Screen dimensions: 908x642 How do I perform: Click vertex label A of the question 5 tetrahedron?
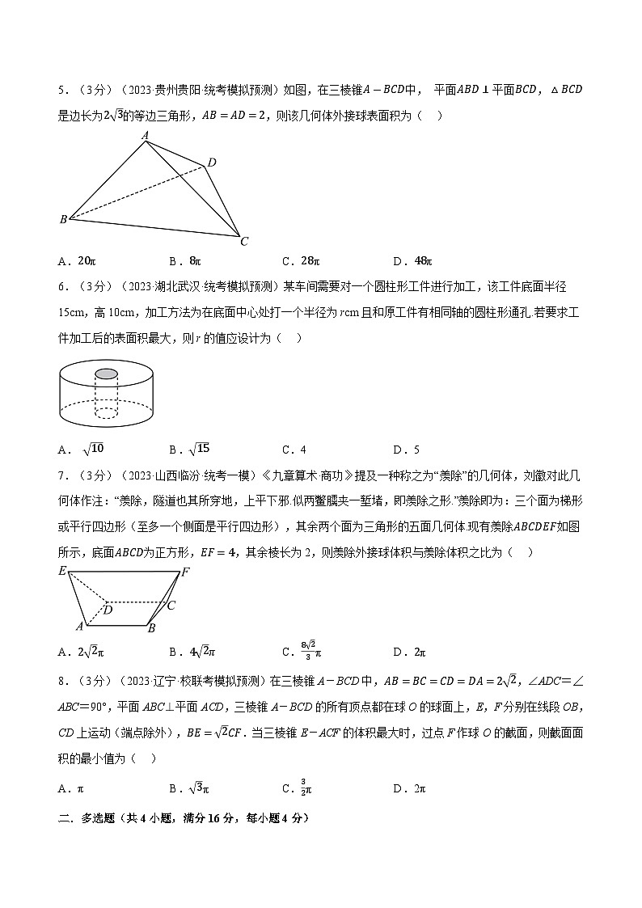click(145, 135)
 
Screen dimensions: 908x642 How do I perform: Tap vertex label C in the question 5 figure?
click(244, 240)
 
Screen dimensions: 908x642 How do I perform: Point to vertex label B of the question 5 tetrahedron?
click(63, 219)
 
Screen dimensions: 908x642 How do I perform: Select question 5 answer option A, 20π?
click(78, 261)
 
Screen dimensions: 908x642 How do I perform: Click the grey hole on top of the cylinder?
click(107, 374)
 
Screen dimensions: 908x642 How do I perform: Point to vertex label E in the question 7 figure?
click(62, 572)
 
